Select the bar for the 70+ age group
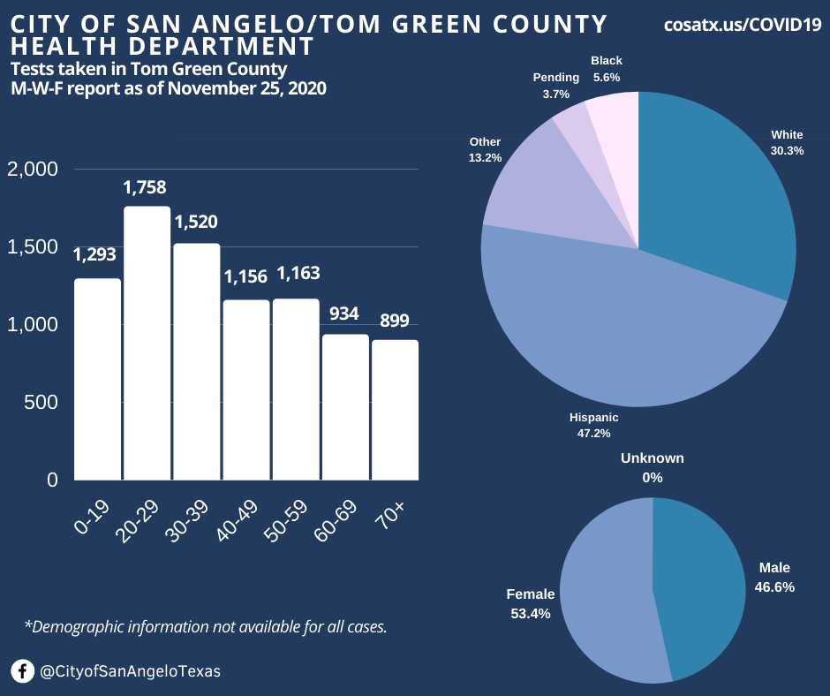[x=395, y=410]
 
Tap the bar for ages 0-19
[x=97, y=379]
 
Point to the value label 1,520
[x=196, y=223]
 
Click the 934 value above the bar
[x=345, y=314]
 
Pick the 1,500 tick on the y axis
[x=33, y=247]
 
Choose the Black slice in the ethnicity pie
[x=614, y=124]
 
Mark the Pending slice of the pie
[x=571, y=124]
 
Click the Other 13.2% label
[x=486, y=149]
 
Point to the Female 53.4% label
[x=530, y=603]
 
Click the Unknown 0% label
[x=653, y=467]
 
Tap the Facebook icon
[x=23, y=671]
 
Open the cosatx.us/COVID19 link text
[x=743, y=26]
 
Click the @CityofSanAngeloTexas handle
[x=131, y=671]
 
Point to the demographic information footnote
[x=206, y=627]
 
